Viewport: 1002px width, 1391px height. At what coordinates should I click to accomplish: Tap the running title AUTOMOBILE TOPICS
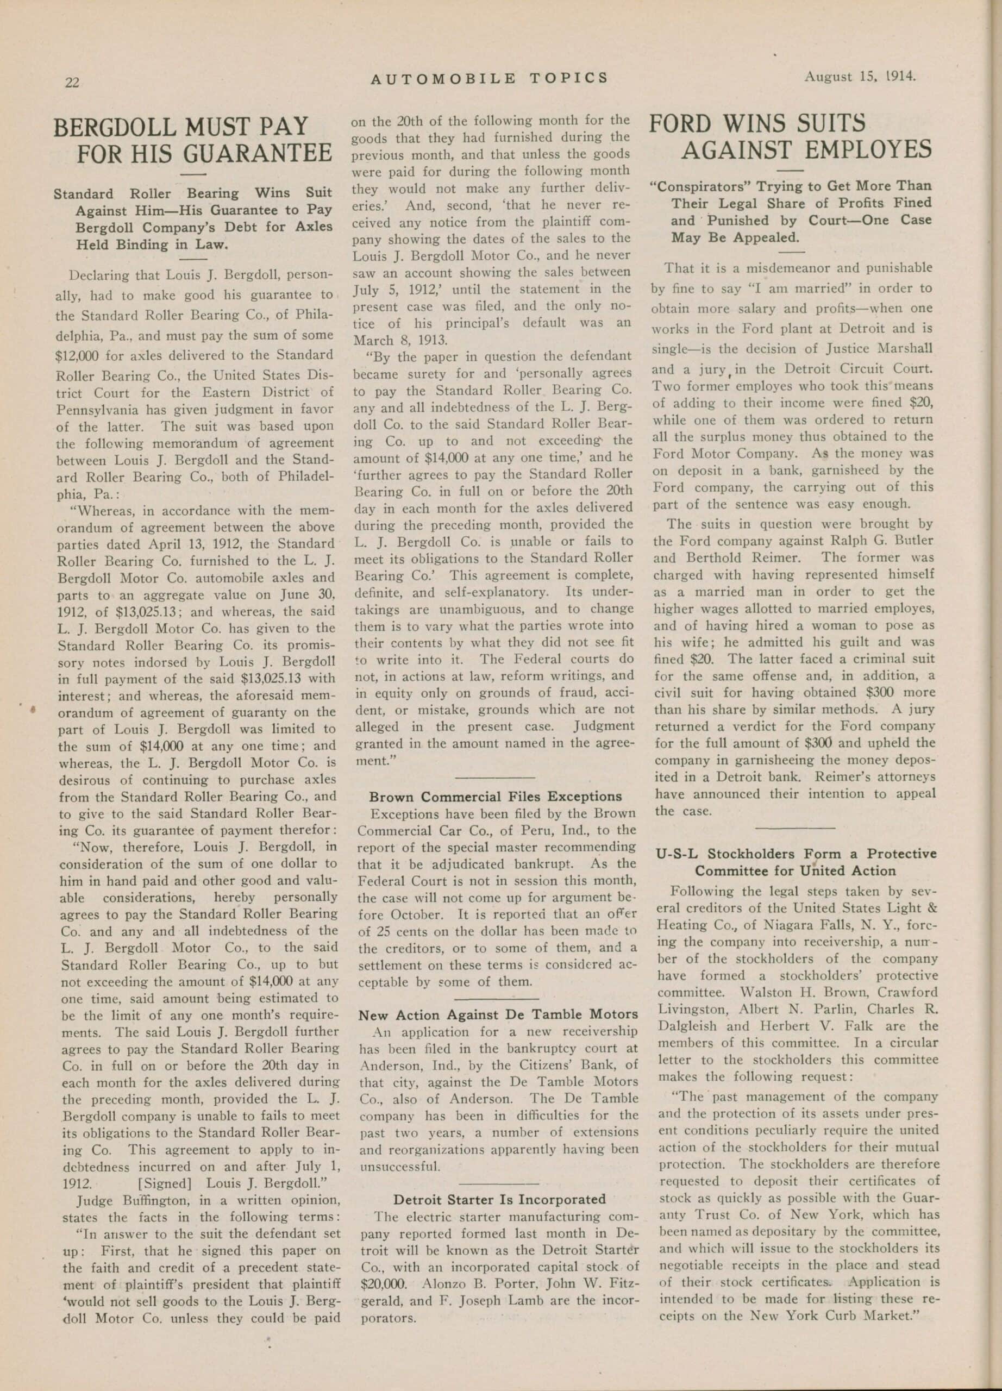490,78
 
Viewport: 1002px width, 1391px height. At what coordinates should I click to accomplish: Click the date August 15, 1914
860,77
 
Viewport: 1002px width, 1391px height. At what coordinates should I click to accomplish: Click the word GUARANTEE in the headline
258,152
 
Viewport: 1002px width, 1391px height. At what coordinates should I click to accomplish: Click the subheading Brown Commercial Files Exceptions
496,797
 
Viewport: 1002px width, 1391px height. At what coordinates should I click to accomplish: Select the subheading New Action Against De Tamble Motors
498,1014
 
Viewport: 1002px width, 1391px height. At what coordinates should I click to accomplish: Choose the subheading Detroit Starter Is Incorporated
499,1199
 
